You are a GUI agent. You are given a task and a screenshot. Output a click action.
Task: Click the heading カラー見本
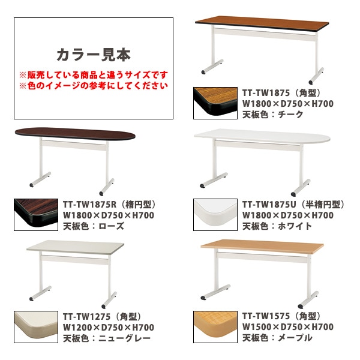[94, 55]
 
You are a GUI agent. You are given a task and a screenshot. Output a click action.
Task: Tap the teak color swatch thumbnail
[215, 103]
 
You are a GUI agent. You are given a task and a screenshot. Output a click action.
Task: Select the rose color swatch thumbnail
[36, 215]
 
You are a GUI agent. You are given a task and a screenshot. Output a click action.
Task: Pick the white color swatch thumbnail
[215, 215]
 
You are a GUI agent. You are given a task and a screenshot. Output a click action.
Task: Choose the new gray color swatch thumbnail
[36, 327]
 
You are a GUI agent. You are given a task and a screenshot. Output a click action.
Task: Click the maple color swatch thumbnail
[215, 327]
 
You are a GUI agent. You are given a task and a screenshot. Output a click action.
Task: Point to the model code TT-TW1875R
[90, 205]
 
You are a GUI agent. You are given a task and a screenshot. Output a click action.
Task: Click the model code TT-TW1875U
[269, 205]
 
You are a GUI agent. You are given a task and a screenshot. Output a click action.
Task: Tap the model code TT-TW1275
[87, 317]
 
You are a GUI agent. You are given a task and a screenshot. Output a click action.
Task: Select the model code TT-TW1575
[266, 316]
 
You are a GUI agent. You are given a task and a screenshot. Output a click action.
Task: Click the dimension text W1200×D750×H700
[109, 328]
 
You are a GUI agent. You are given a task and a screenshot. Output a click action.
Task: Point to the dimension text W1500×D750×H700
[288, 327]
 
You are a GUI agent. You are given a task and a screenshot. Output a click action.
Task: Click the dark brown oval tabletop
[75, 133]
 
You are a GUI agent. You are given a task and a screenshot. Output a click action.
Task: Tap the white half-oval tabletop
[262, 136]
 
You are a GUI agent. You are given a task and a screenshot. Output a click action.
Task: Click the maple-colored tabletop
[262, 246]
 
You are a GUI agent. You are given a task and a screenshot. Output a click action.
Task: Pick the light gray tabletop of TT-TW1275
[76, 247]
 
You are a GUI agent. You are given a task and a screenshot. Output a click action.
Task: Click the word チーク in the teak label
[290, 115]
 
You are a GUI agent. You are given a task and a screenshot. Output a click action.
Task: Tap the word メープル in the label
[295, 338]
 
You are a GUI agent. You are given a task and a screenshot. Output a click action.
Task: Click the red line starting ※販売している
[94, 75]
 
